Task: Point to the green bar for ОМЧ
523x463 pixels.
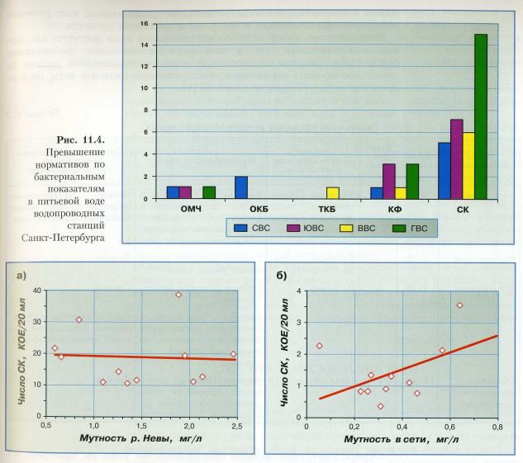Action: pos(209,193)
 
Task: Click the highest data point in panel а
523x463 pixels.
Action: pos(178,295)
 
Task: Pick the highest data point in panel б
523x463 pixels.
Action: pos(460,305)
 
